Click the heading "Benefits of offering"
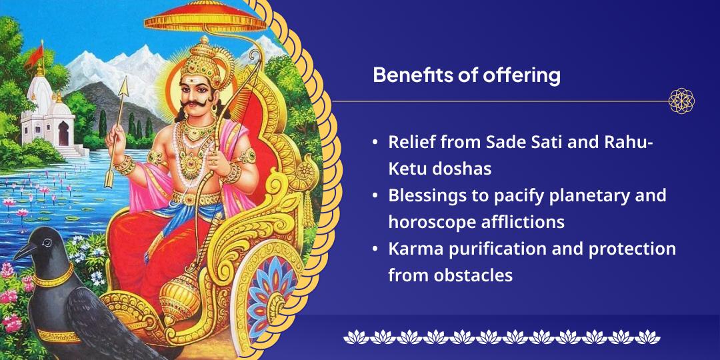click(x=466, y=75)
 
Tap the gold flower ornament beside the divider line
click(x=681, y=101)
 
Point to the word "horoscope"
click(x=434, y=222)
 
